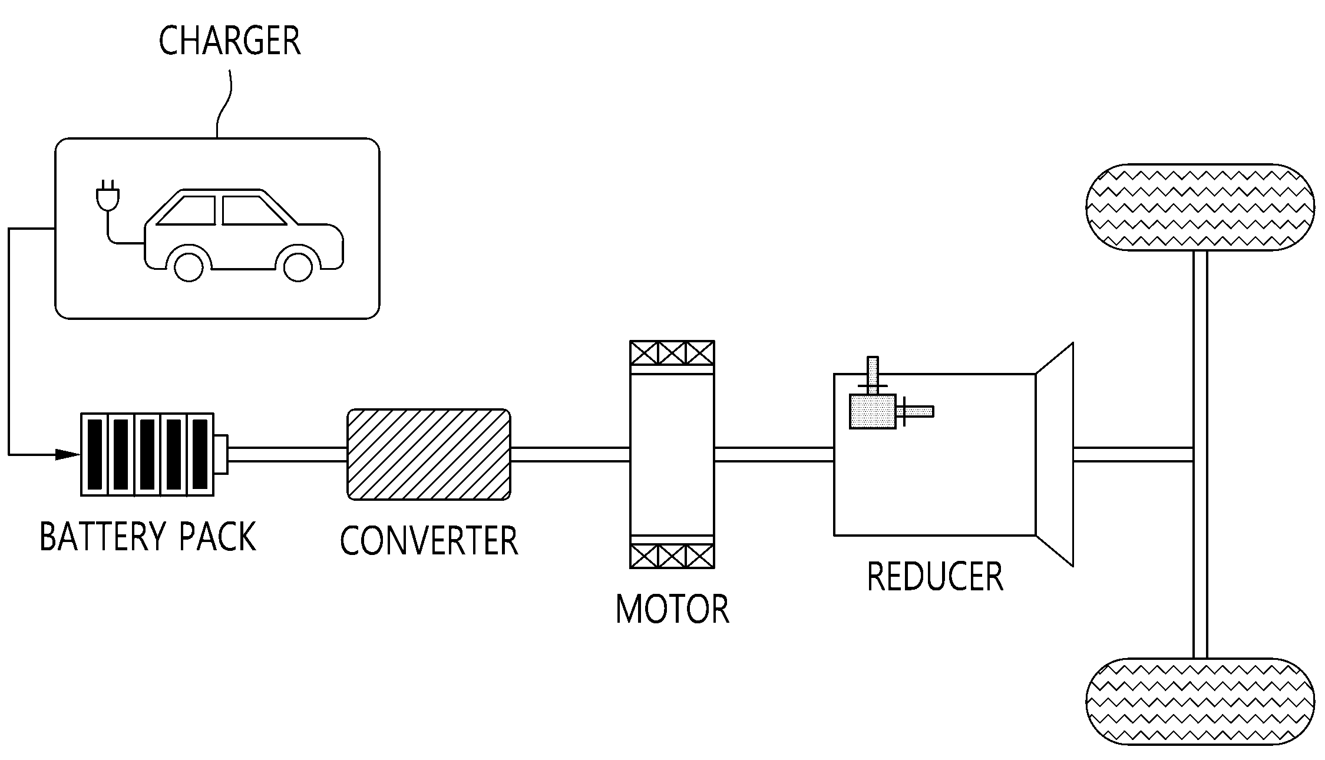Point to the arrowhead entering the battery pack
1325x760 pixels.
pos(67,454)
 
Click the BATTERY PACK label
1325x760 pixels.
pos(148,536)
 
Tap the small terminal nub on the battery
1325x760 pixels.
pos(221,454)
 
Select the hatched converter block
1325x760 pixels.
pos(429,454)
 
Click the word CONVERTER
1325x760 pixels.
pos(429,540)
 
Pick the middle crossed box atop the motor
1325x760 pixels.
pos(672,353)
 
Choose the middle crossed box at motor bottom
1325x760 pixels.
pos(672,556)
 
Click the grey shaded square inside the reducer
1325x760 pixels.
pos(873,411)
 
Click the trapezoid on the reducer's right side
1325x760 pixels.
pos(1055,454)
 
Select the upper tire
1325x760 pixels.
pos(1200,207)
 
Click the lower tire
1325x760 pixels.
pos(1200,702)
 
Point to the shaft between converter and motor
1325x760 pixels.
pos(570,454)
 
